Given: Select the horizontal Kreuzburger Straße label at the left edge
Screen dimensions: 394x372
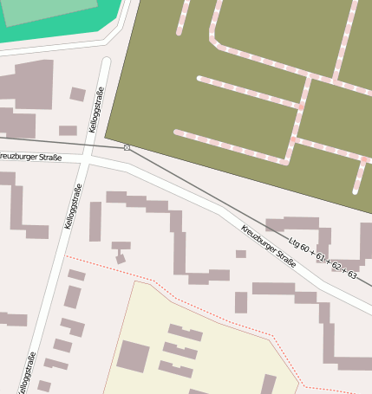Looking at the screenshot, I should coord(30,157).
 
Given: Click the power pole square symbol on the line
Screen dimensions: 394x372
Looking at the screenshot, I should coord(127,147).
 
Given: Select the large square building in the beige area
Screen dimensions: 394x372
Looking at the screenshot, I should coord(134,356).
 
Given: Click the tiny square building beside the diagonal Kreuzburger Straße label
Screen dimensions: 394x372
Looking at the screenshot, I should coord(240,254).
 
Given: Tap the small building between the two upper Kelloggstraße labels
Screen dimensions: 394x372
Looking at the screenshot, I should coord(68,131).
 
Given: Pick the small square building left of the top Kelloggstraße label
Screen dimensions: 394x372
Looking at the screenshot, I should coord(77,94).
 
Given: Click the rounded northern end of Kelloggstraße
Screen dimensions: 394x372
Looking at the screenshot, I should coord(107,62).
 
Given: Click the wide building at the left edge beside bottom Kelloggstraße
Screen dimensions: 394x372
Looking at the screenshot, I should coord(13,319).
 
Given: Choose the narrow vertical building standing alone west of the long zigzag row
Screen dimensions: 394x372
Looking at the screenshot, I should coord(95,221).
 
